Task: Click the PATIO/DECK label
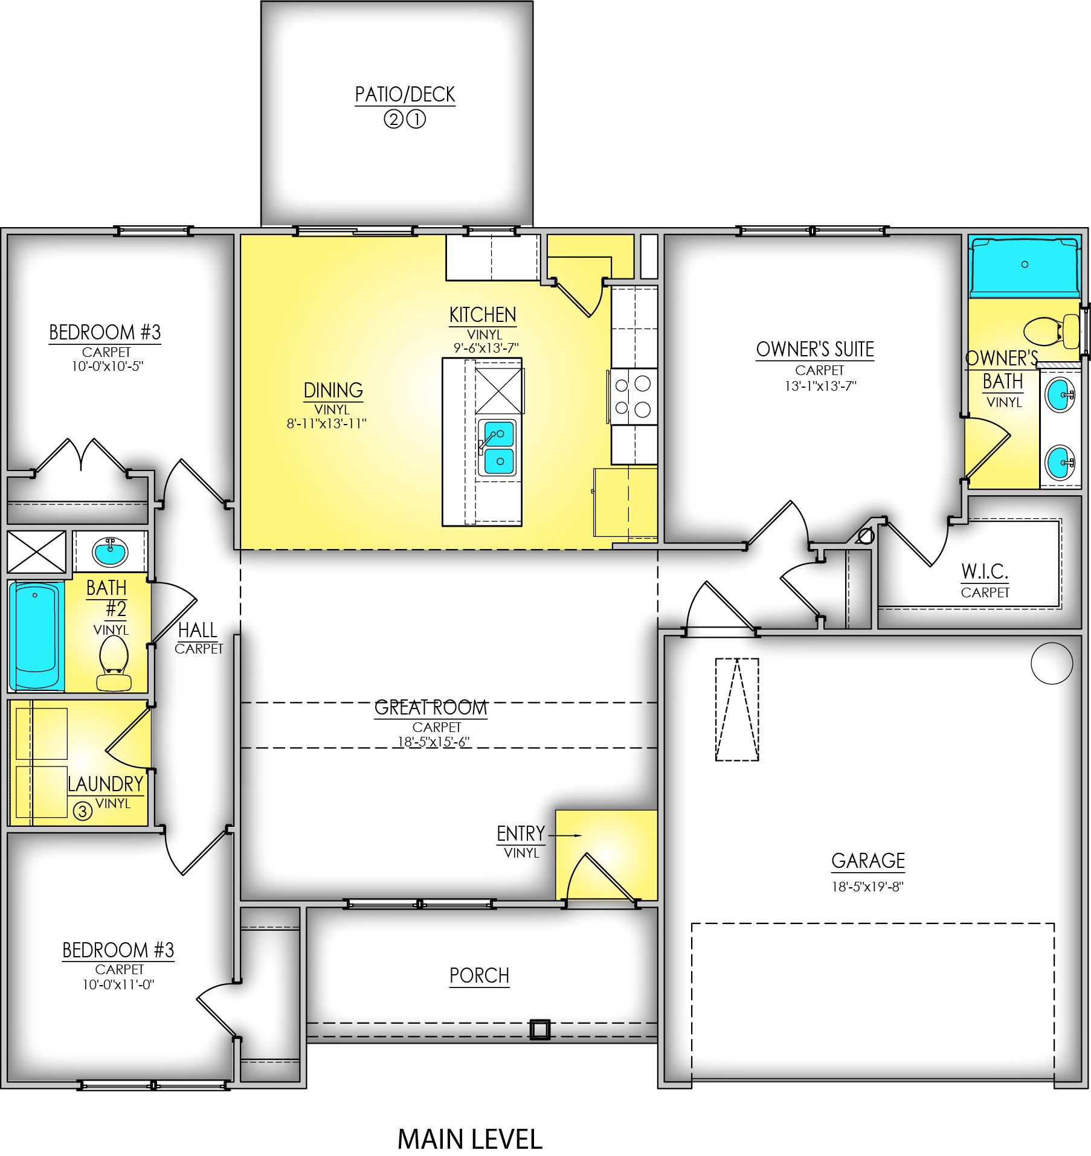click(x=405, y=94)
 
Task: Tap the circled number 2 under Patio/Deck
click(x=393, y=120)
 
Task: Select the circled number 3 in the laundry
click(x=83, y=811)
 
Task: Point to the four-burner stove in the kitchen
click(x=632, y=396)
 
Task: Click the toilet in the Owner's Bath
click(x=1052, y=331)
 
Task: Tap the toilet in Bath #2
click(x=114, y=663)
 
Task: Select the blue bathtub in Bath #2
click(x=36, y=635)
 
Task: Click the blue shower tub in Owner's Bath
click(x=1025, y=266)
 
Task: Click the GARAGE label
click(x=868, y=861)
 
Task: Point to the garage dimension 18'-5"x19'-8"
click(x=867, y=887)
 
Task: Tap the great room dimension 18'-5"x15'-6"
click(x=433, y=742)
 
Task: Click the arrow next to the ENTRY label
click(x=565, y=835)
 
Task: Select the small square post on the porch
click(x=540, y=1029)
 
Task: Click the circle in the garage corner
click(x=1052, y=663)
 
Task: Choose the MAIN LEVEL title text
click(x=470, y=1139)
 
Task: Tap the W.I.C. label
click(x=985, y=571)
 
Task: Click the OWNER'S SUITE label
click(x=815, y=349)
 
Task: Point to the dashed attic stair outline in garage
click(x=737, y=709)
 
